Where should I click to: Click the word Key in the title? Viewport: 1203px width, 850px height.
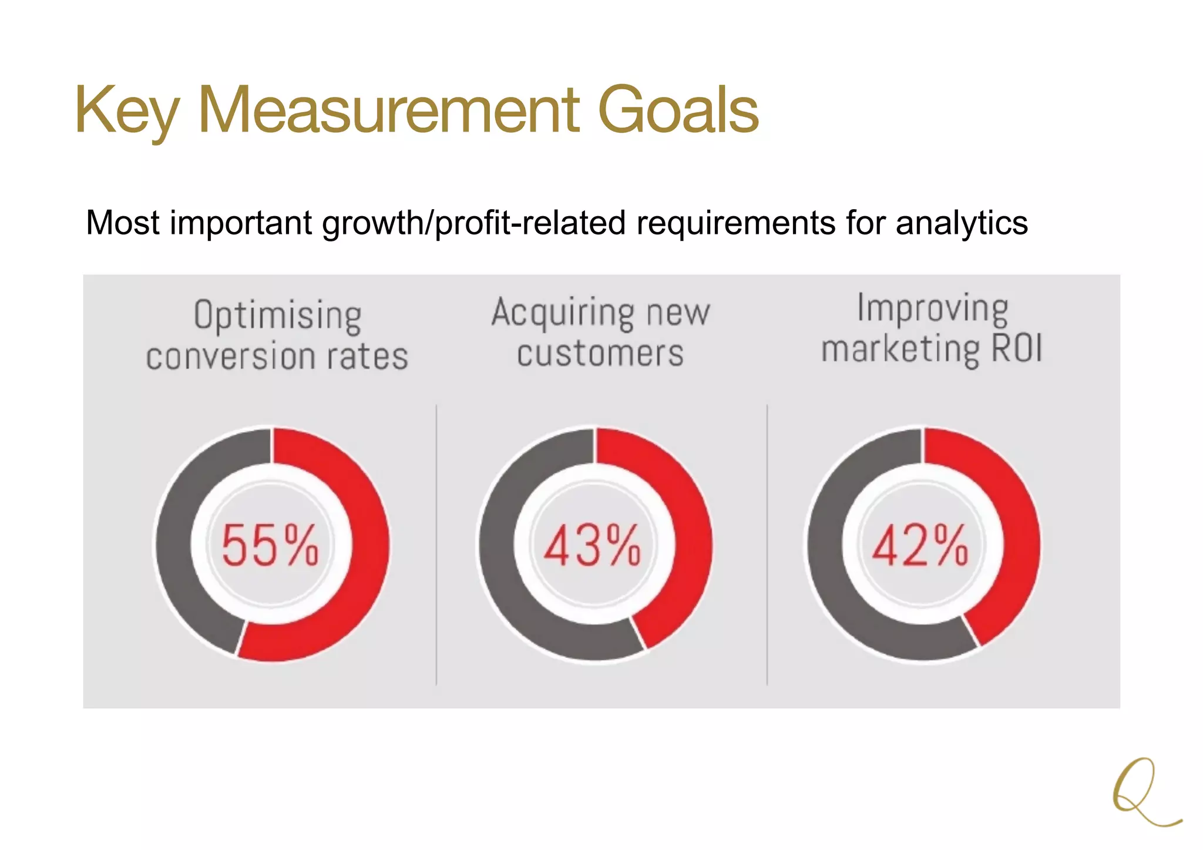126,110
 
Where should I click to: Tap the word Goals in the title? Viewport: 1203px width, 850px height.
678,110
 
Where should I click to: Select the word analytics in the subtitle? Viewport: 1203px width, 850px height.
962,223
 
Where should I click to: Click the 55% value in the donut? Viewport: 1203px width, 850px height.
270,546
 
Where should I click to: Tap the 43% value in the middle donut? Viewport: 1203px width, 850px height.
592,546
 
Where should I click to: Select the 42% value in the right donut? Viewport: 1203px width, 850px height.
920,546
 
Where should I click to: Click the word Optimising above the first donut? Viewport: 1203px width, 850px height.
277,316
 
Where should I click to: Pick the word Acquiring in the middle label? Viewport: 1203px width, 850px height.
563,313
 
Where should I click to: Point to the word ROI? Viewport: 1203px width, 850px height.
1017,348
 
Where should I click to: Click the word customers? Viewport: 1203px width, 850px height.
600,354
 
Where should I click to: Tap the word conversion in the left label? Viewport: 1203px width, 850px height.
227,357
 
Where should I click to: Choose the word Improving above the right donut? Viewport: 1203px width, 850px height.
933,308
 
